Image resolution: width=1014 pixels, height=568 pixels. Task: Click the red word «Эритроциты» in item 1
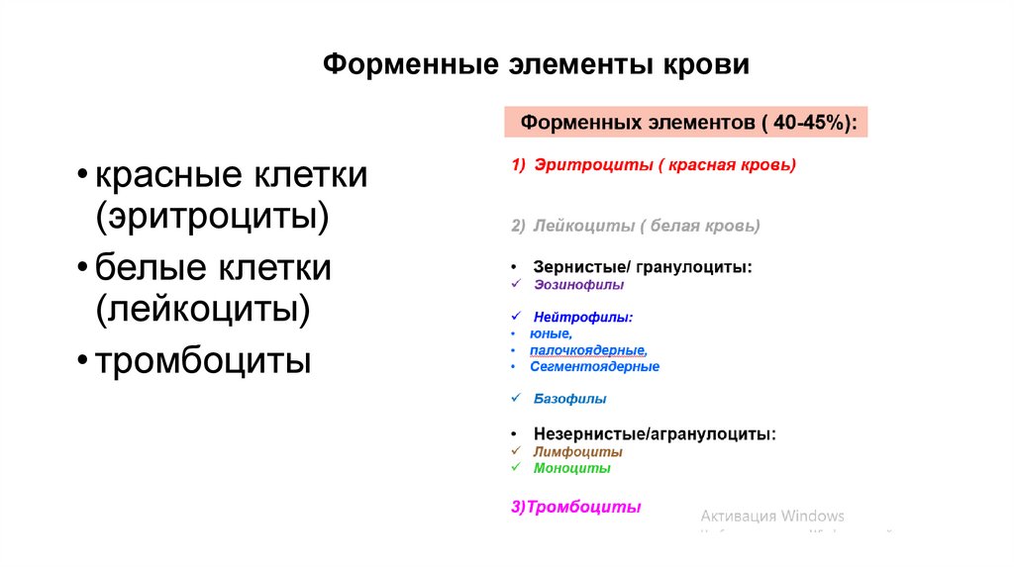[590, 165]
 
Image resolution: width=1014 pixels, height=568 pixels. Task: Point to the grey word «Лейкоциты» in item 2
[583, 226]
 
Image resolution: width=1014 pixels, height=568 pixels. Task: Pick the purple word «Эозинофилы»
[578, 284]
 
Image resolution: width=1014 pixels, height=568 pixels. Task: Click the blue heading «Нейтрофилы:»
[582, 318]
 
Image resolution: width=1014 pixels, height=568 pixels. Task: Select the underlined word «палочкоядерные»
[587, 350]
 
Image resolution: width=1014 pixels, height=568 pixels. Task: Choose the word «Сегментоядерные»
[594, 366]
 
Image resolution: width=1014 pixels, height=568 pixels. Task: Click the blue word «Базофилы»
[569, 399]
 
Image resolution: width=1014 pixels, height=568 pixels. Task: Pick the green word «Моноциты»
[571, 468]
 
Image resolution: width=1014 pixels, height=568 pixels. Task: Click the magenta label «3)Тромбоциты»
[576, 507]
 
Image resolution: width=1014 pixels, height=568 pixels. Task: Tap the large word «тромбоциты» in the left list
[203, 360]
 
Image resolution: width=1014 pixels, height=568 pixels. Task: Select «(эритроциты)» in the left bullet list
[211, 216]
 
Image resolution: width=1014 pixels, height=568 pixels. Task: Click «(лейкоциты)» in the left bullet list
[203, 309]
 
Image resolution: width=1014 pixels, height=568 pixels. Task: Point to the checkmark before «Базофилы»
[515, 399]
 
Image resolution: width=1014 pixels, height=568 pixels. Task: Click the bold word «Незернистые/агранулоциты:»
[655, 433]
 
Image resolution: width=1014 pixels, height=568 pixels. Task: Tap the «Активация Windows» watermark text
[772, 516]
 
